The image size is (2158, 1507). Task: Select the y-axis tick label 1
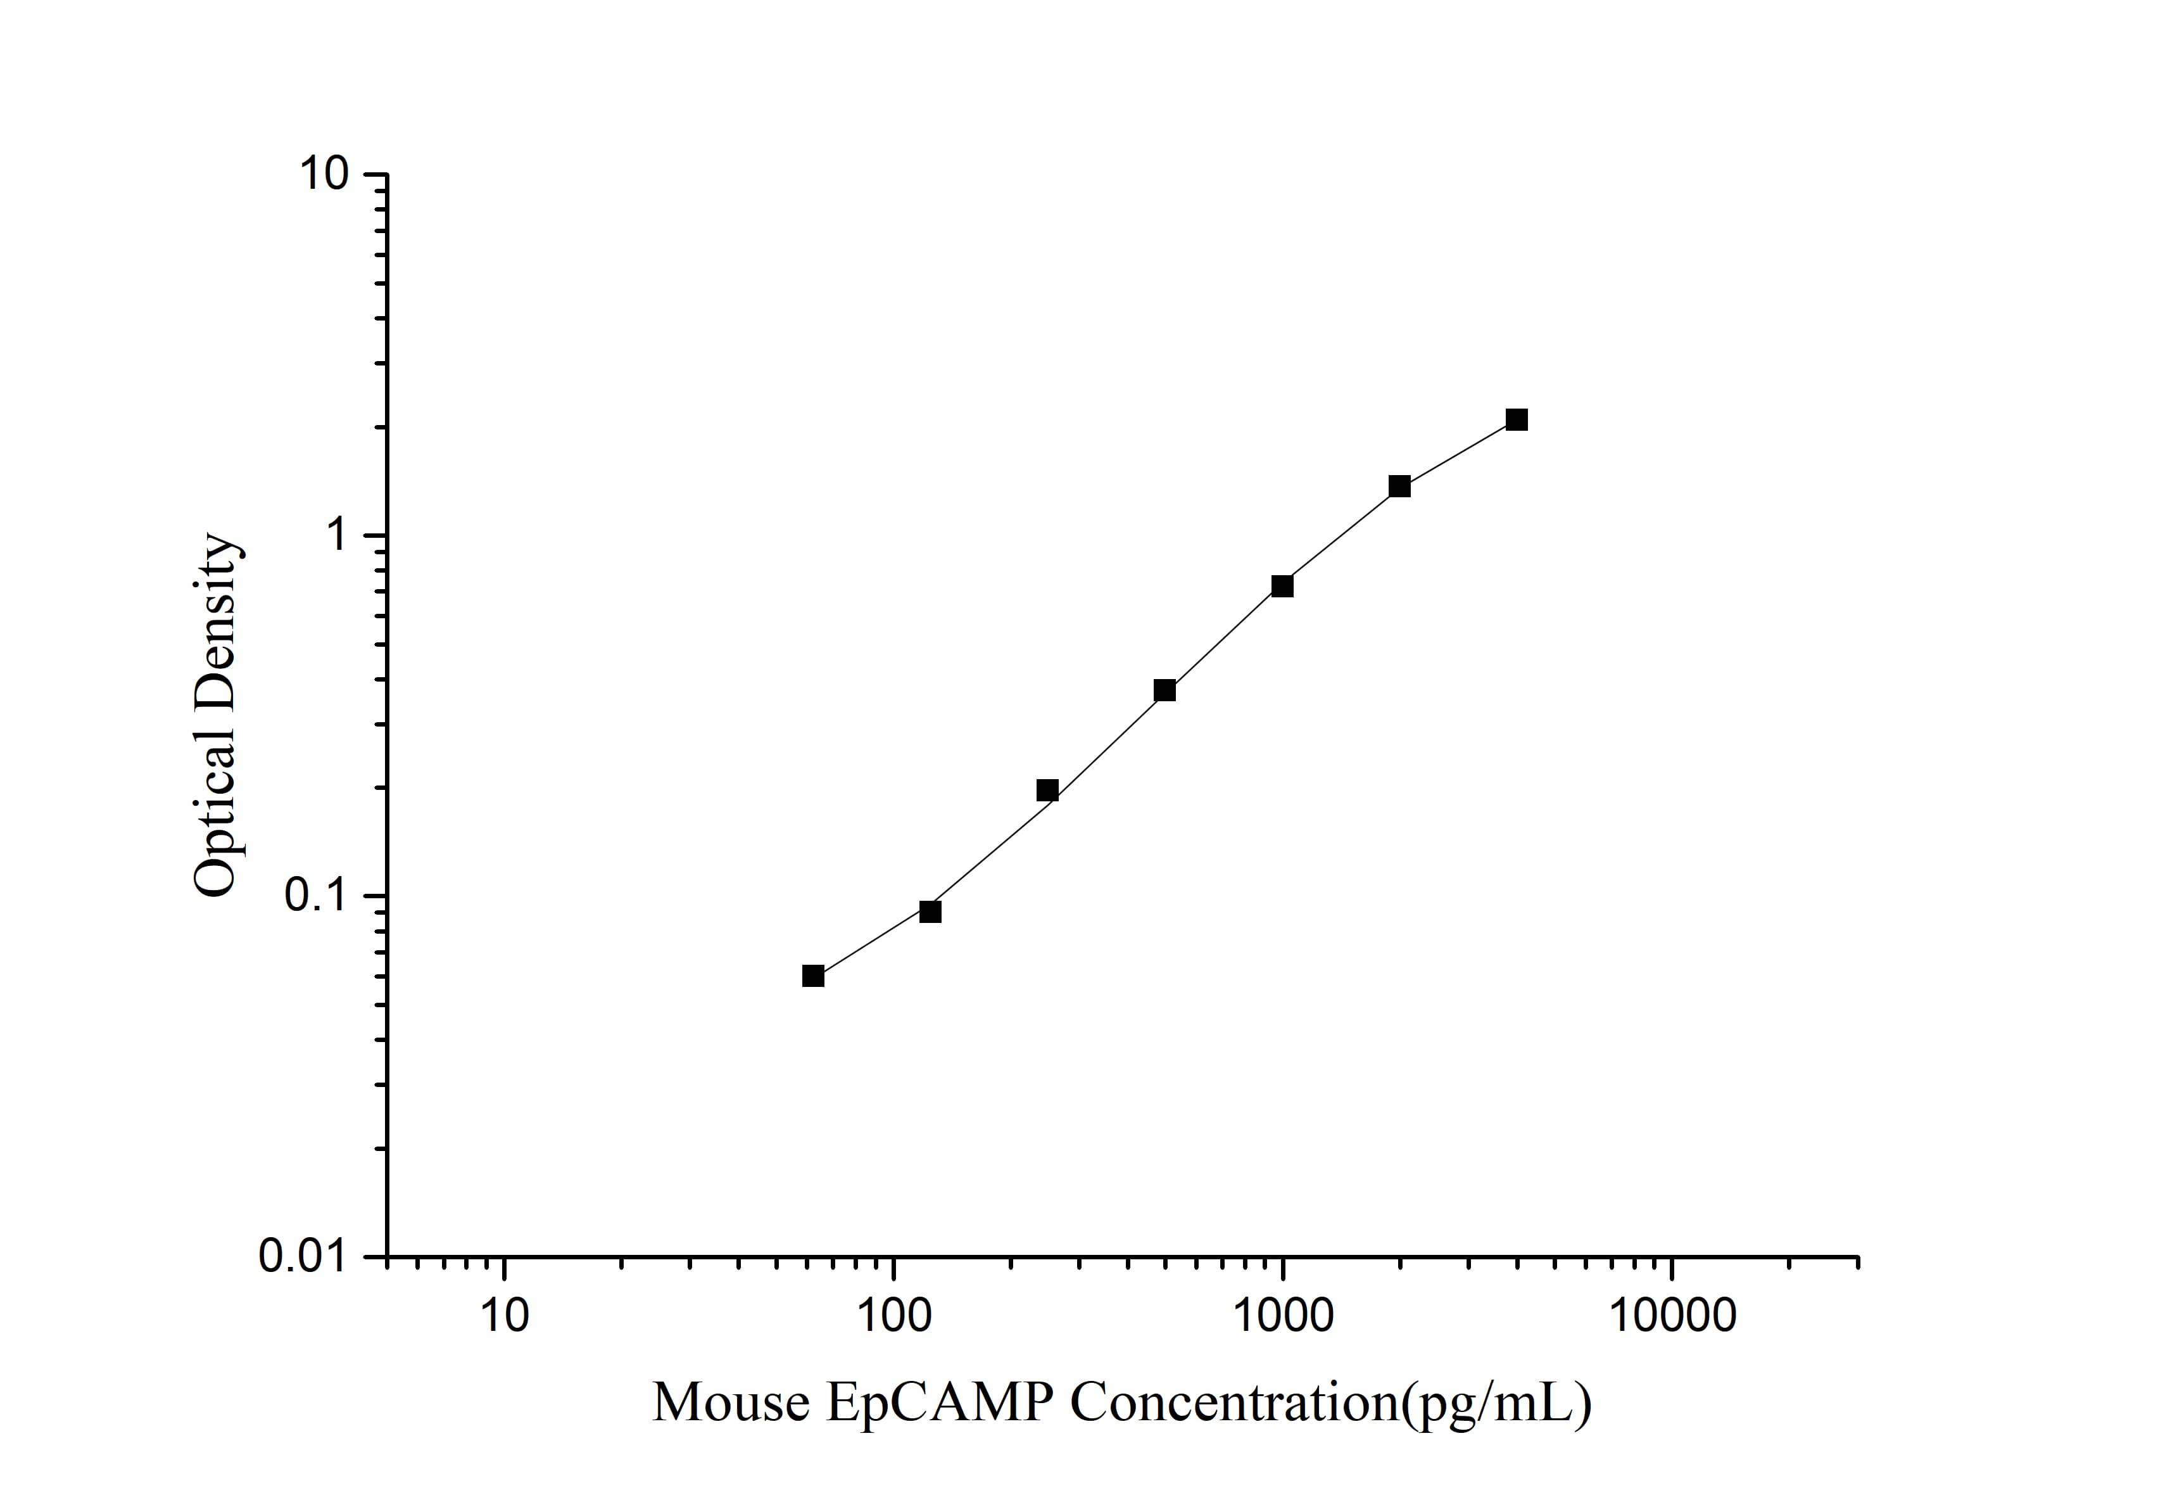coord(336,536)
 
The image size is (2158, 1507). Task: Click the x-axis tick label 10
coord(505,1316)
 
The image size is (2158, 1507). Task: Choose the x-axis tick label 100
coord(893,1316)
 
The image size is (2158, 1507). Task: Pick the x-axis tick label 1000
coord(1282,1316)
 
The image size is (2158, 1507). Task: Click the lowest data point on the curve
coord(813,976)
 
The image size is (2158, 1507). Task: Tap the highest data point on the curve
coord(1516,419)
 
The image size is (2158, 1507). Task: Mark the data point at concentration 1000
coord(1282,586)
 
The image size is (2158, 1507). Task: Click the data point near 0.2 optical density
coord(1047,790)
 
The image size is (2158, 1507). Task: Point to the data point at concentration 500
coord(1164,690)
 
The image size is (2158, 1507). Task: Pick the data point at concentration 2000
coord(1399,486)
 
